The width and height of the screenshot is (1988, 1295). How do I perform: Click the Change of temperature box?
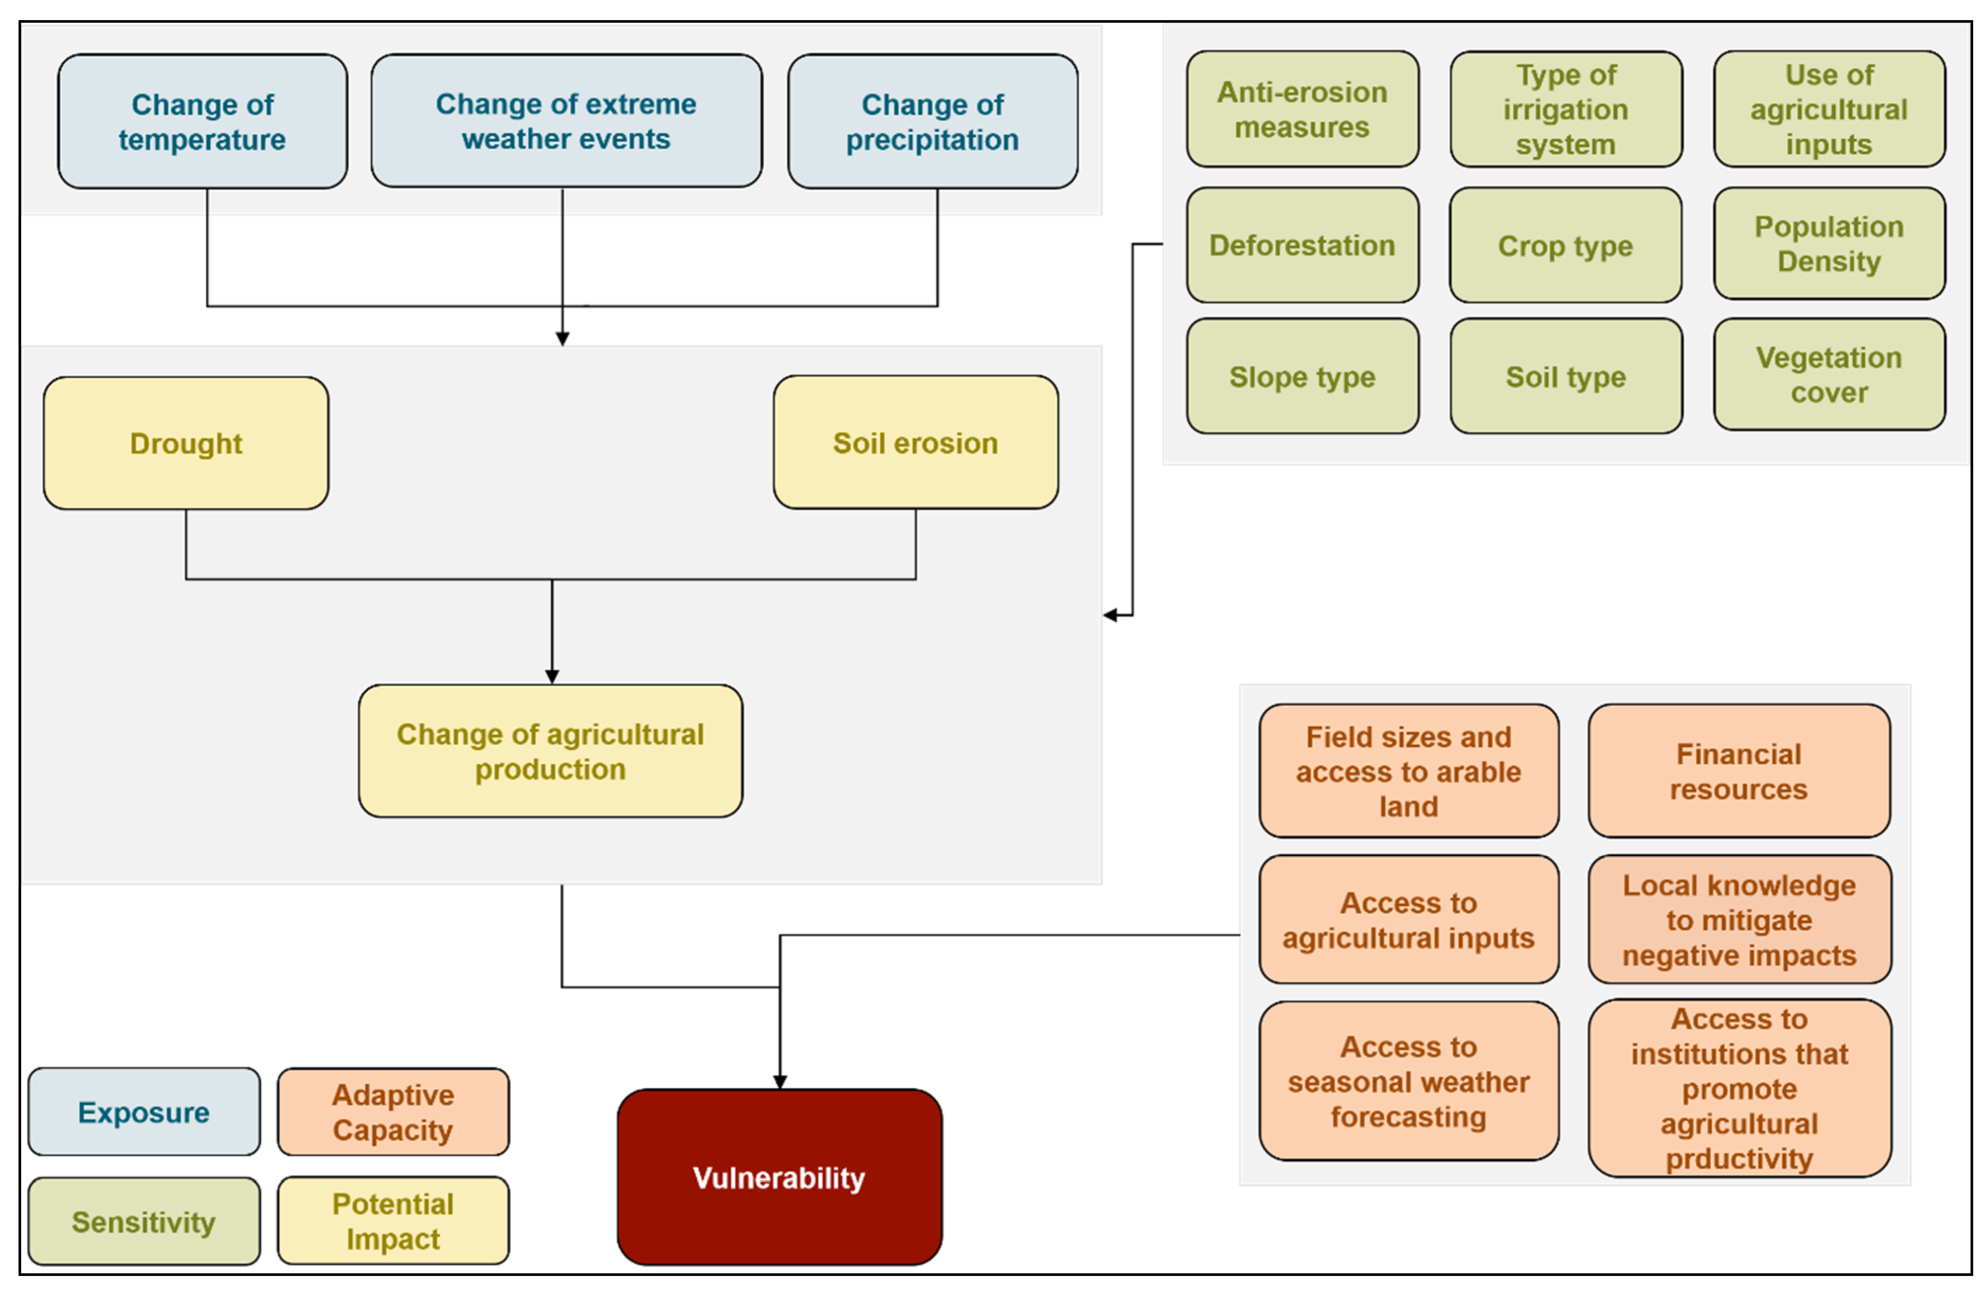click(x=202, y=122)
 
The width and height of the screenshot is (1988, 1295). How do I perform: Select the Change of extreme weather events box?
click(x=566, y=121)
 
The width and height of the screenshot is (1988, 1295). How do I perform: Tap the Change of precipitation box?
click(x=932, y=122)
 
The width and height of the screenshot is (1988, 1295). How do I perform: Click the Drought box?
click(x=185, y=443)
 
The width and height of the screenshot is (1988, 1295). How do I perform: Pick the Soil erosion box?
click(x=915, y=443)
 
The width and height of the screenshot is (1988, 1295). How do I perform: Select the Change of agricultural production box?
click(x=550, y=752)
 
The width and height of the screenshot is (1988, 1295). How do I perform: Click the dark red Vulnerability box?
click(x=779, y=1177)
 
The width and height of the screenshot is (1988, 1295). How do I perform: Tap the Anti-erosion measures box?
click(x=1302, y=110)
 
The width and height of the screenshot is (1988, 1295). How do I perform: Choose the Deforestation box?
click(x=1302, y=245)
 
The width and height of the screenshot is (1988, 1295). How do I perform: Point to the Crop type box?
click(x=1565, y=245)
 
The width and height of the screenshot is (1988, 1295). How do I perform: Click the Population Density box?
click(x=1828, y=244)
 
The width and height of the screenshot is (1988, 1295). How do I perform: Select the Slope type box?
click(x=1302, y=377)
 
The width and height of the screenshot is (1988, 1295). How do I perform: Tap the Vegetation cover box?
click(x=1828, y=375)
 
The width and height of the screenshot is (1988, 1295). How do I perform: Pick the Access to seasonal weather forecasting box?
click(x=1408, y=1081)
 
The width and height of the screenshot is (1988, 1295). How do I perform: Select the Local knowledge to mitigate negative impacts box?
click(x=1739, y=920)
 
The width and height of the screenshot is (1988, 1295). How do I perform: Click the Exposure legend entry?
click(x=144, y=1112)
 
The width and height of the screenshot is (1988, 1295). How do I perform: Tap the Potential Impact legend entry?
click(x=393, y=1221)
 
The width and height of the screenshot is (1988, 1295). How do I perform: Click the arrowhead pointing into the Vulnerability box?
click(x=779, y=1082)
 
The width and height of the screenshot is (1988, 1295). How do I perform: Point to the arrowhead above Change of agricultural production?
click(x=551, y=676)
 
